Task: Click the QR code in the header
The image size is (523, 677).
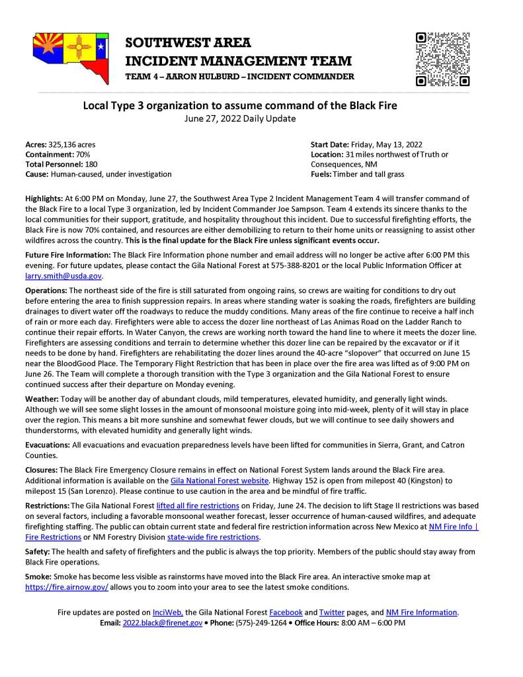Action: [442, 59]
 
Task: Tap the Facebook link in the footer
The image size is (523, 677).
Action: [286, 612]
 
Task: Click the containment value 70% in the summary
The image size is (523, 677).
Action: [82, 154]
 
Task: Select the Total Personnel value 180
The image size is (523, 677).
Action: [91, 164]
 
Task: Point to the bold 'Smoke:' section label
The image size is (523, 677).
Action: [38, 577]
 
